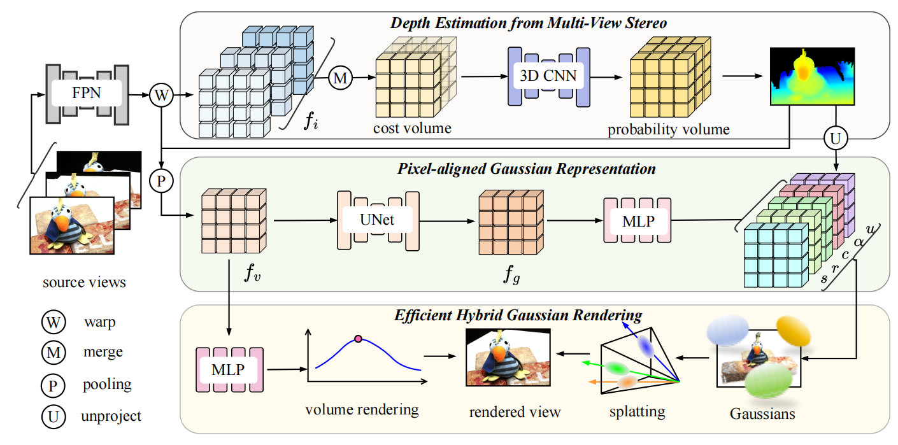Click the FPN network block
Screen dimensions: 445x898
coord(86,95)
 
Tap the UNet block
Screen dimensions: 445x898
coord(377,220)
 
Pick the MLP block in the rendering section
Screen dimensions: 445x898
coord(229,369)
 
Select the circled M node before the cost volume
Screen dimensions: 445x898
coord(341,78)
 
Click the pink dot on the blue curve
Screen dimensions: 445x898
coord(358,339)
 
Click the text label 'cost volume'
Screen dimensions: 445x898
coord(412,128)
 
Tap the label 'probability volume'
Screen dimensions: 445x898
coord(668,129)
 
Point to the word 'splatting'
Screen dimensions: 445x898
coord(637,411)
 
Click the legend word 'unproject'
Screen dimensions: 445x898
coord(111,416)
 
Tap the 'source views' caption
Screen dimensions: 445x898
coord(85,281)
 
